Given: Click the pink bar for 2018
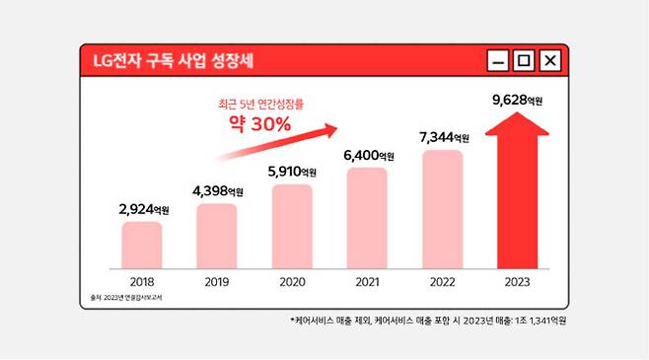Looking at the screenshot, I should point(142,245).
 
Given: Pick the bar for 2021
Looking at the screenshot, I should point(367,218).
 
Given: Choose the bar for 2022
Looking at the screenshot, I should point(443,209).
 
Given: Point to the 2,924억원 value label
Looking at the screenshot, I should point(141,209).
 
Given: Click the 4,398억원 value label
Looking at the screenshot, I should point(215,190).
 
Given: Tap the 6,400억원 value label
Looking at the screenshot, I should point(367,155).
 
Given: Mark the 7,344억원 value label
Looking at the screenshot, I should point(444,137).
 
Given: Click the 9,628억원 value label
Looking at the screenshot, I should point(517,100).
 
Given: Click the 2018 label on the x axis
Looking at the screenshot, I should point(141,280).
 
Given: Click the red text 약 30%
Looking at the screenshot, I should point(253,124).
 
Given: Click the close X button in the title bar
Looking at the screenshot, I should point(550,62).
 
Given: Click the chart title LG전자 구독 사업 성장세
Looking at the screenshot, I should point(174,61).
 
